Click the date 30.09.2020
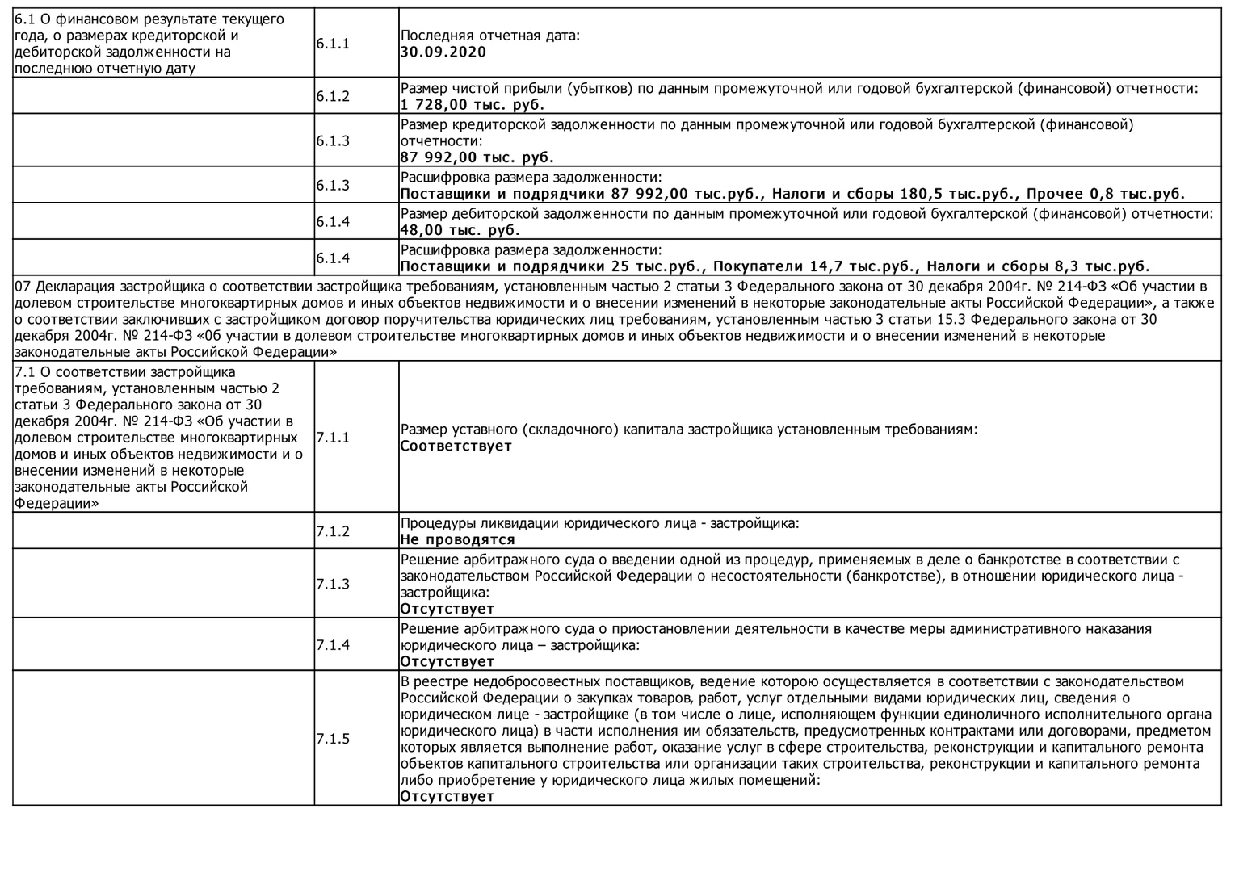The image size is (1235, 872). point(443,52)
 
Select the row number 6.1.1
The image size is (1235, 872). point(333,44)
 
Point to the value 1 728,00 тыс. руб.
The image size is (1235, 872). point(473,105)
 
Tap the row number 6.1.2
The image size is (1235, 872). point(333,97)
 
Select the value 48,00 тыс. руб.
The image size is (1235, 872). point(460,231)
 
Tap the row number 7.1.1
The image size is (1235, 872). point(333,438)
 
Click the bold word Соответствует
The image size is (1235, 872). point(456,446)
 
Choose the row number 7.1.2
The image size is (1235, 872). point(333,531)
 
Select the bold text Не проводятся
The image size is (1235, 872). point(458,540)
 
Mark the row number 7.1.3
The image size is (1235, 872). point(333,584)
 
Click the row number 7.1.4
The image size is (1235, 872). point(333,645)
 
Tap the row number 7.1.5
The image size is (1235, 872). point(333,739)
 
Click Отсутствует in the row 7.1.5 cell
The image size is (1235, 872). point(447,797)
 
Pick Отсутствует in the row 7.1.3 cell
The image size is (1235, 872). point(447,609)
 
